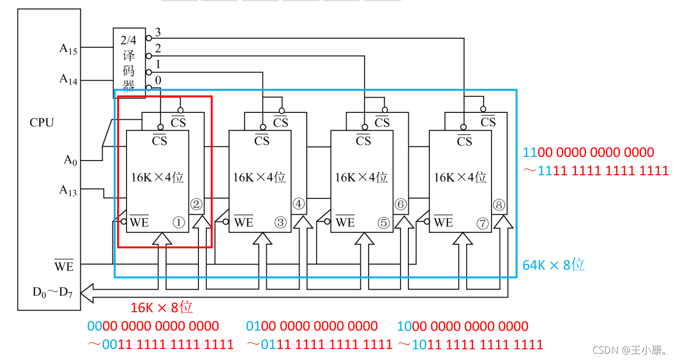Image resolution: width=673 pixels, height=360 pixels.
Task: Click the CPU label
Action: tap(41, 123)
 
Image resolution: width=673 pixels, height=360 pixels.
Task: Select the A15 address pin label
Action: tap(68, 49)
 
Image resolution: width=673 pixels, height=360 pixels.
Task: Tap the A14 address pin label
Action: tap(68, 79)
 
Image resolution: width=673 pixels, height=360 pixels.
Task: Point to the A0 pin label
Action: tap(70, 160)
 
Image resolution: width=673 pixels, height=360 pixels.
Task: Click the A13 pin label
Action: tap(68, 190)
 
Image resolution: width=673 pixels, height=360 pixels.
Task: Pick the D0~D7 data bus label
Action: tap(52, 292)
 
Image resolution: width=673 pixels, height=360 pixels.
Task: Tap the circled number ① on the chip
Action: tap(179, 223)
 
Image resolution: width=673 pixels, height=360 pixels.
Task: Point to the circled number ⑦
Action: tap(482, 223)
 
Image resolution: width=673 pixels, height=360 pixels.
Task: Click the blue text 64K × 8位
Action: tap(554, 264)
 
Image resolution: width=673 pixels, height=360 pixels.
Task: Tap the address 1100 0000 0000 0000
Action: tap(588, 153)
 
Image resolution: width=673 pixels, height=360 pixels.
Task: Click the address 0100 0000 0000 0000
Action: tap(312, 326)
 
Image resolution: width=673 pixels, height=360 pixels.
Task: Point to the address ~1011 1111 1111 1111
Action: tap(470, 345)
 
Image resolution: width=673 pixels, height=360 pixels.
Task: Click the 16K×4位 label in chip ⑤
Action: tap(361, 177)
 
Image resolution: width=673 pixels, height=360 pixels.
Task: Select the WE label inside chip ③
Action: tap(244, 222)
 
